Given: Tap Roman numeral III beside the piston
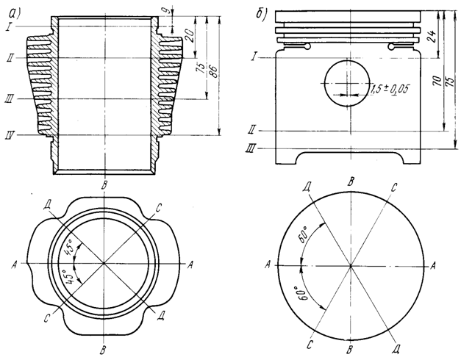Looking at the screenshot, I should (x=252, y=148).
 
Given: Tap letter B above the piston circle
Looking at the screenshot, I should (x=352, y=180).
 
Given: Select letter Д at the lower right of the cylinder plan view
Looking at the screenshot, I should (x=162, y=314).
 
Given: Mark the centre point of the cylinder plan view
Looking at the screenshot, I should (x=104, y=262).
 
